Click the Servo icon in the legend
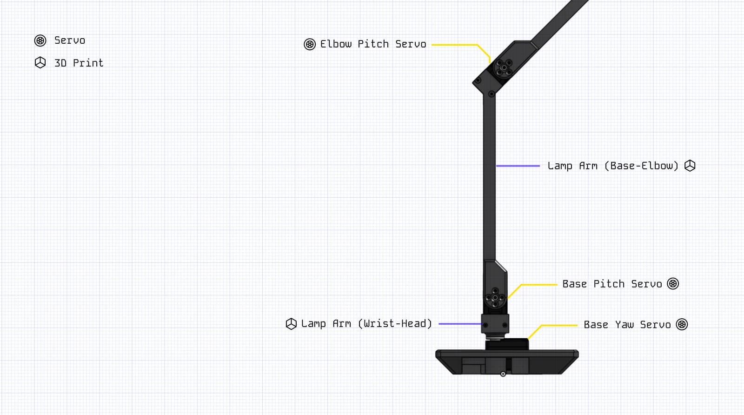click(40, 40)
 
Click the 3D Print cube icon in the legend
click(40, 62)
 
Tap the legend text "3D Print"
click(79, 63)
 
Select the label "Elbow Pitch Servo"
click(373, 44)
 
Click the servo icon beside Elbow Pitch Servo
click(310, 44)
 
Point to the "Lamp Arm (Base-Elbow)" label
click(613, 166)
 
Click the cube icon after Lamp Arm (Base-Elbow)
click(690, 166)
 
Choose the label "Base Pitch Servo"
click(612, 284)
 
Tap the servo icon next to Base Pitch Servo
click(673, 284)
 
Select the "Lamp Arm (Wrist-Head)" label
click(366, 324)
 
